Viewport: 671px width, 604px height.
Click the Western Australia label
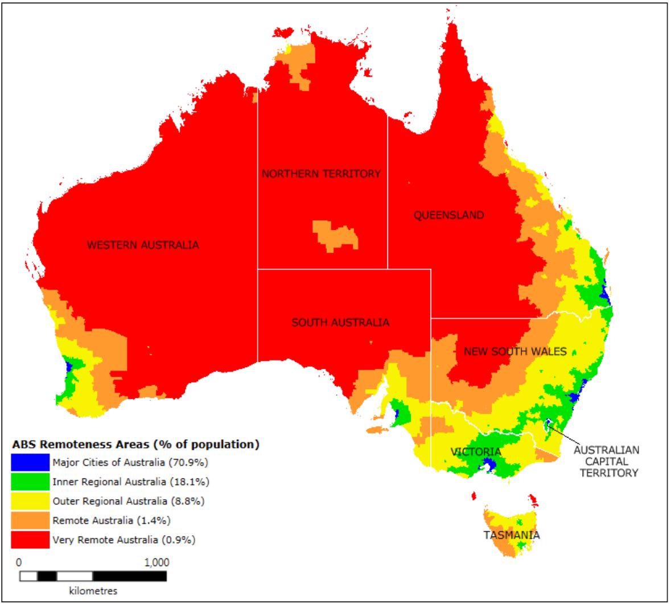point(143,245)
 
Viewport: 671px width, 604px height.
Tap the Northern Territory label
point(321,174)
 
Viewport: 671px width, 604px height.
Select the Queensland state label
point(448,215)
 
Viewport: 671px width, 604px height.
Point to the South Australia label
point(340,323)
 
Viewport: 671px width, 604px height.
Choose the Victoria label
point(476,452)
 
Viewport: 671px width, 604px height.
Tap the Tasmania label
point(511,535)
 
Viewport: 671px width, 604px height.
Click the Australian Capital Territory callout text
point(606,461)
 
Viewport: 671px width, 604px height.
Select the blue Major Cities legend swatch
point(30,462)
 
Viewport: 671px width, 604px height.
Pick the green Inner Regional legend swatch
point(30,482)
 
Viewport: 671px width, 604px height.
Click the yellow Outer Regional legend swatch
point(30,501)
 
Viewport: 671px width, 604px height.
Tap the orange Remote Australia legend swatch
point(30,520)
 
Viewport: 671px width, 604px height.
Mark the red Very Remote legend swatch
point(30,540)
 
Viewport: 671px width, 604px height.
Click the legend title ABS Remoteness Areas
point(135,444)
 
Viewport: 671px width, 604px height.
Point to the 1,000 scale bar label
point(157,562)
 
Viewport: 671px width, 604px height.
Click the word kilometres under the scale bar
point(93,590)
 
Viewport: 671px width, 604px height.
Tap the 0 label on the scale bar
point(19,562)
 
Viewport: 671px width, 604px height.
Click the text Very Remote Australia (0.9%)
point(124,540)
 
